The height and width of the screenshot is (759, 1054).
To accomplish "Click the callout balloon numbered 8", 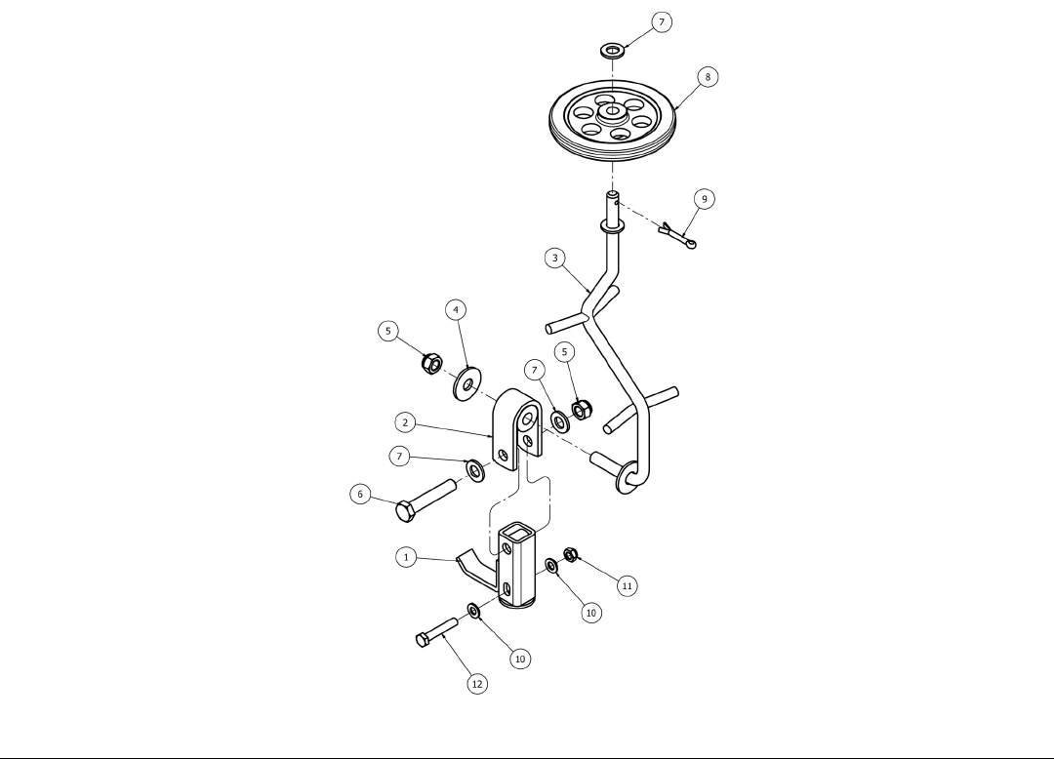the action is (709, 76).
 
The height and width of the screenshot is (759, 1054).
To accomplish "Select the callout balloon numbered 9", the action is (704, 198).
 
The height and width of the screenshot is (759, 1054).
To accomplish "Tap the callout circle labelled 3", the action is (554, 258).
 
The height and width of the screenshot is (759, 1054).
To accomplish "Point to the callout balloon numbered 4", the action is (455, 310).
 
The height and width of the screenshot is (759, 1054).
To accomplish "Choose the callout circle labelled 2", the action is (405, 422).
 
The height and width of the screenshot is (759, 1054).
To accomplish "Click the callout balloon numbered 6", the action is (360, 495).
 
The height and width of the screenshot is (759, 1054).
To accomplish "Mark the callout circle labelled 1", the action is (405, 557).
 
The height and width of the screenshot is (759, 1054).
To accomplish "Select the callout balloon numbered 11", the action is (627, 585).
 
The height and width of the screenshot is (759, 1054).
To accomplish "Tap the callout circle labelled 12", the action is (476, 684).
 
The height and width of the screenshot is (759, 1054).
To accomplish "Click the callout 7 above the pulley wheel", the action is (662, 21).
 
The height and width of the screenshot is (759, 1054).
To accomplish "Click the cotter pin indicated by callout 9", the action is (676, 235).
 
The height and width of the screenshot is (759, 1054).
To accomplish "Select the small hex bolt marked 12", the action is (435, 631).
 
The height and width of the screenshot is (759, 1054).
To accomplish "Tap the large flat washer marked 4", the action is (467, 382).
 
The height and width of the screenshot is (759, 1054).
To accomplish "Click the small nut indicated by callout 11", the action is (572, 555).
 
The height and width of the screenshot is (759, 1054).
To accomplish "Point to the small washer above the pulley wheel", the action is (611, 49).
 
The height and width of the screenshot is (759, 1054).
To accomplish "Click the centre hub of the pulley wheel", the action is (612, 111).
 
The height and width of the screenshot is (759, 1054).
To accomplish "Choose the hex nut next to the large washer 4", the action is (428, 364).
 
